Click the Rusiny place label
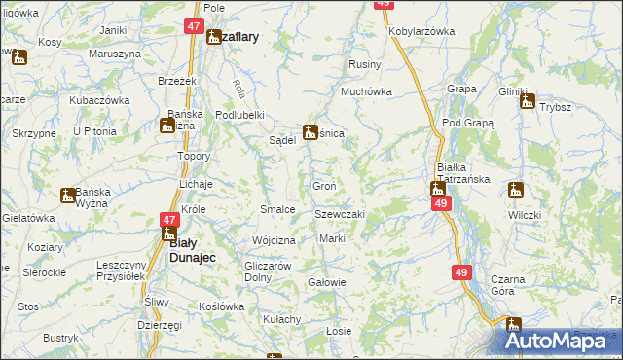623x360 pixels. tap(363, 65)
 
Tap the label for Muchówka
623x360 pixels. tap(365, 92)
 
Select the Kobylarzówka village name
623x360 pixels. tap(421, 31)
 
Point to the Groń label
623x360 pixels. tap(324, 185)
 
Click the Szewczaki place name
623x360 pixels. tap(339, 214)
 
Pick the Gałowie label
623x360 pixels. tap(326, 282)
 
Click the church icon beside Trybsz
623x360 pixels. tap(528, 99)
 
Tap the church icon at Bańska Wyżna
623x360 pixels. tap(68, 196)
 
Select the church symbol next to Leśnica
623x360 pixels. tap(311, 132)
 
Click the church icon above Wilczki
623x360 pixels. tap(515, 191)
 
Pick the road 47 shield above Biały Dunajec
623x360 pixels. tap(169, 220)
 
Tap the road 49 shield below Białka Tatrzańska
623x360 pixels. tap(442, 203)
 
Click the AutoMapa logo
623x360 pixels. tap(561, 341)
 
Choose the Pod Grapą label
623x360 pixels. tap(468, 124)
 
